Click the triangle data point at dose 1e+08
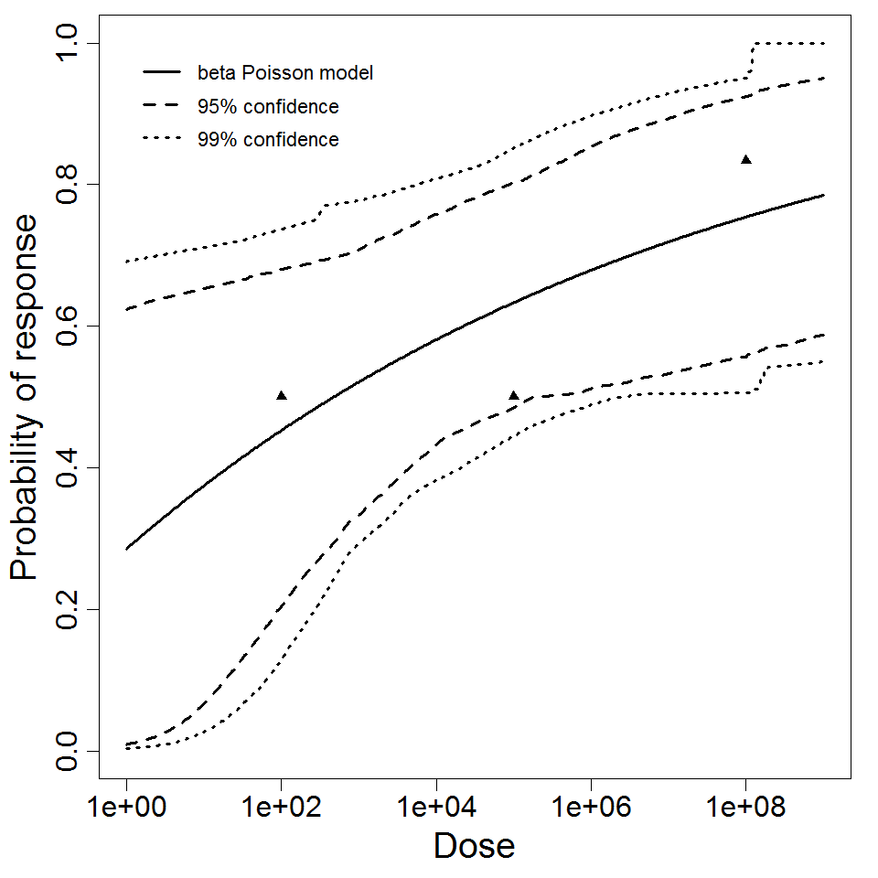pos(746,160)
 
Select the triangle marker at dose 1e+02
pos(282,395)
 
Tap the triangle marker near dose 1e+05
pos(514,395)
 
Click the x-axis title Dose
pos(474,846)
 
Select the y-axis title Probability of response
pos(25,397)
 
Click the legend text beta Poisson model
pos(284,73)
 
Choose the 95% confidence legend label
pos(267,107)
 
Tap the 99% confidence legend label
pos(267,140)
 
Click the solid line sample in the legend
pos(163,72)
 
